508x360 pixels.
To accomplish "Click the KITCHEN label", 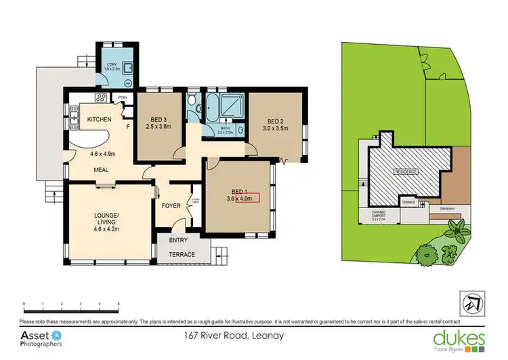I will pos(99,120).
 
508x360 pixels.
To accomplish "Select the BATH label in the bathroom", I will pos(224,127).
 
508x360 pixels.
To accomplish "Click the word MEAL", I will pos(102,170).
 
